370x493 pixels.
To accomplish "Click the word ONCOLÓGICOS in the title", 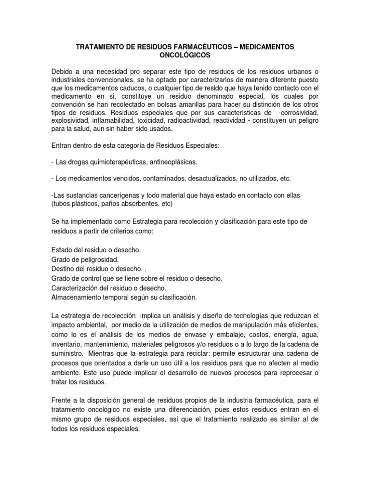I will click(x=185, y=55).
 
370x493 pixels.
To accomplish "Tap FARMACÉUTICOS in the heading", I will click(x=183, y=47).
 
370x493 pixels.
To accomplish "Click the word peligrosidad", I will click(x=96, y=259).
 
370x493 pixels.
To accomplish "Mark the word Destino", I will click(x=63, y=269).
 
